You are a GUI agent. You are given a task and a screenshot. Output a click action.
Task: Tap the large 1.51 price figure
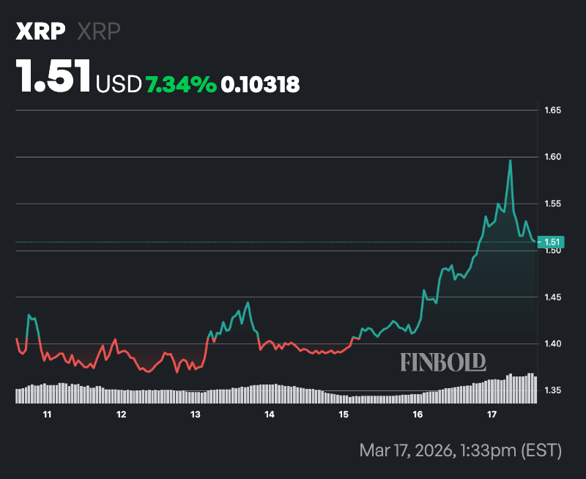click(54, 76)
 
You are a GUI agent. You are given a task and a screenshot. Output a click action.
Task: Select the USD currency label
click(119, 85)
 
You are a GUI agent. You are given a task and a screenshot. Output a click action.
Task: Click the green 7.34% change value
click(181, 85)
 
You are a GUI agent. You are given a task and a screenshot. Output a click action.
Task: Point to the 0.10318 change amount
click(260, 85)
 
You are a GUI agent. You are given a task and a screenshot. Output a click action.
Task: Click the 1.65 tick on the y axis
click(552, 111)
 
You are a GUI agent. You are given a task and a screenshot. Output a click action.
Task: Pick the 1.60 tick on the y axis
click(552, 157)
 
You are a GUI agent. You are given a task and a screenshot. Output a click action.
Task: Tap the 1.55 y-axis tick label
click(552, 204)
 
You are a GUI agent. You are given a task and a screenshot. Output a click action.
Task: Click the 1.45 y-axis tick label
click(552, 297)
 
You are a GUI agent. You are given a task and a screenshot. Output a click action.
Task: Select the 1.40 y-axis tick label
click(552, 344)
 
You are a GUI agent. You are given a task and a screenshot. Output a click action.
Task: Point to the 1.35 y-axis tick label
click(552, 390)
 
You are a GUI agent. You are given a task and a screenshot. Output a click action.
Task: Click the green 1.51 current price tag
click(550, 242)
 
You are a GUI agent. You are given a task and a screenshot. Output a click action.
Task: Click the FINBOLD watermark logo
click(443, 361)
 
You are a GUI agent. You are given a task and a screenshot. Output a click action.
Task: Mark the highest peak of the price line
click(510, 160)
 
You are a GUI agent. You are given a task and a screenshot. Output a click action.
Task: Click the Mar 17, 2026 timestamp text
click(460, 449)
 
